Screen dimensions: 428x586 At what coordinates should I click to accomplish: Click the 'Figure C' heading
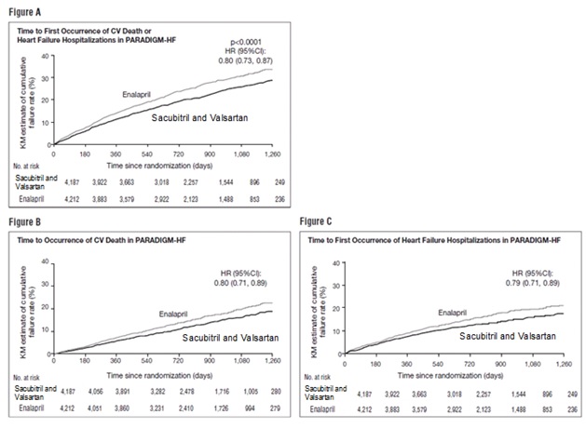[316, 224]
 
